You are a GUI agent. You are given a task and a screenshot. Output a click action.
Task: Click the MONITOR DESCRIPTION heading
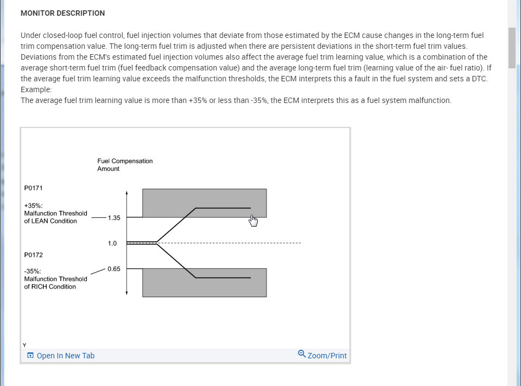point(62,13)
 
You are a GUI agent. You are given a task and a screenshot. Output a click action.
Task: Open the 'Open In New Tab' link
point(65,356)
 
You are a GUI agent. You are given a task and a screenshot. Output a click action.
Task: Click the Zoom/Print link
point(327,356)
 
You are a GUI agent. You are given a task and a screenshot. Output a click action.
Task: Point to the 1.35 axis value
point(114,218)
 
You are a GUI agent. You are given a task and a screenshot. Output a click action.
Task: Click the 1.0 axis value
point(112,243)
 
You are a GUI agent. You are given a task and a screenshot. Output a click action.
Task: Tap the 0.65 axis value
point(114,269)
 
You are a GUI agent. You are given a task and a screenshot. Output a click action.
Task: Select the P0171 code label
point(34,188)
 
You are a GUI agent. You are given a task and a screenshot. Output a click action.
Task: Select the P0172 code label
point(34,254)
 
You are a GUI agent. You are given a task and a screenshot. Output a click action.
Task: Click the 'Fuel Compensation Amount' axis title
point(125,165)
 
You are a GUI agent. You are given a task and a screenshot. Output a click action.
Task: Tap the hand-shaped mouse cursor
point(253,221)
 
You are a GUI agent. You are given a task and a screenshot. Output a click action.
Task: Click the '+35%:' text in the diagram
point(34,206)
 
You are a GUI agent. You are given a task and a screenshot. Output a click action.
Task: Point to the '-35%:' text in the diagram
point(33,272)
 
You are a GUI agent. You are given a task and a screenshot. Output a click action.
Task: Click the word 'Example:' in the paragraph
point(36,89)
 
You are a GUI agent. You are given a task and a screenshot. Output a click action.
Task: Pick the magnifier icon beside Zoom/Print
point(302,355)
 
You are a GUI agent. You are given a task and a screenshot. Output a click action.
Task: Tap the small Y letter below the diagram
point(24,345)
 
